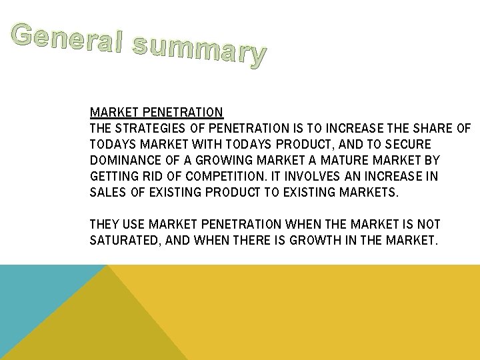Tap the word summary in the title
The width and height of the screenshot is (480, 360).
[199, 48]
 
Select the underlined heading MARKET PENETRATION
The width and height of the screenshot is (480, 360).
[156, 112]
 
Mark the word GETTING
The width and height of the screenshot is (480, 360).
[114, 177]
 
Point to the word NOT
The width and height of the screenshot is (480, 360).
[428, 225]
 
